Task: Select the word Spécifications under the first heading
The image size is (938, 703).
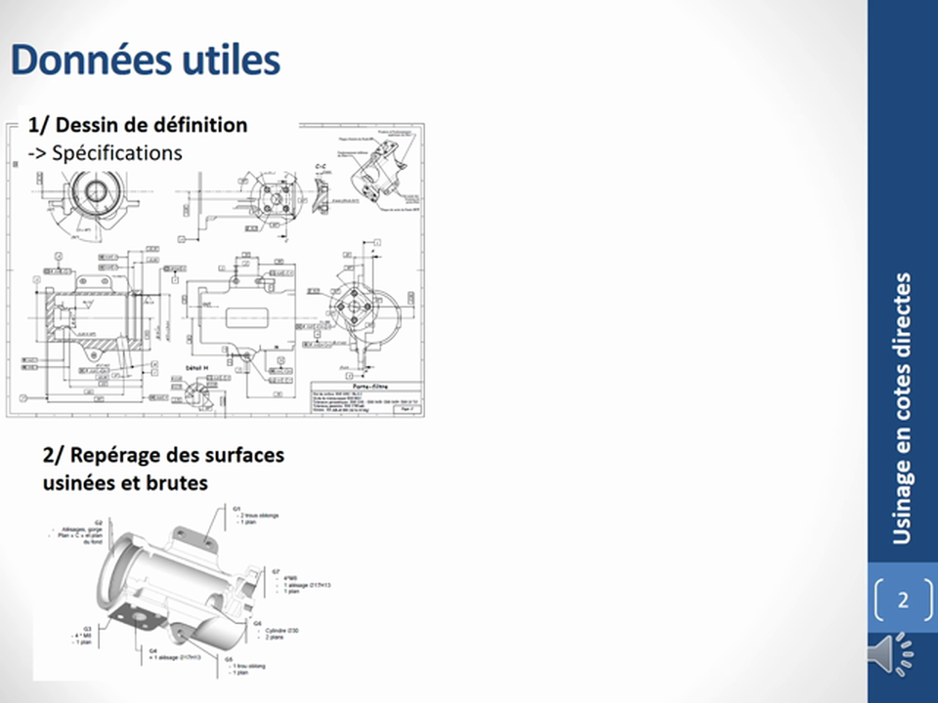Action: point(117,152)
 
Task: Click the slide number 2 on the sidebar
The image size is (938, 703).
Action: point(902,600)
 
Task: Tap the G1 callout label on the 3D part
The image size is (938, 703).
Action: point(235,509)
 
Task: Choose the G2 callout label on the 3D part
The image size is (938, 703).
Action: point(99,523)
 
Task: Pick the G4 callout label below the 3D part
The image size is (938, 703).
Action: point(152,649)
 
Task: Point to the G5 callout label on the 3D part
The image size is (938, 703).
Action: point(228,659)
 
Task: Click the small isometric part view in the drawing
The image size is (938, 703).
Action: point(373,171)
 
